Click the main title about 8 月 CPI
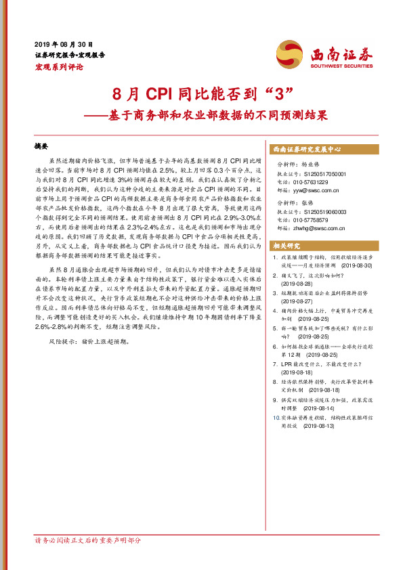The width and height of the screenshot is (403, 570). coord(201,93)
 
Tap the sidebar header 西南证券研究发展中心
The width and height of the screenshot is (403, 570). coord(307,148)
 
